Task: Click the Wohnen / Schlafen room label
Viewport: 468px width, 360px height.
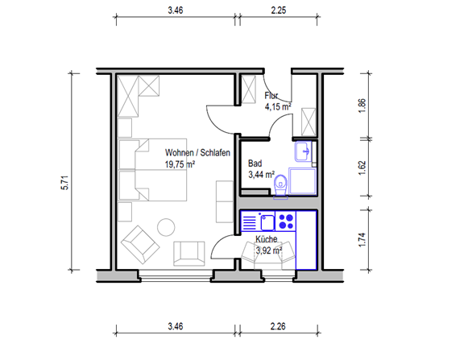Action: pyautogui.click(x=197, y=153)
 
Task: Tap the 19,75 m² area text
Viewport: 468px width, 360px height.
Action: pyautogui.click(x=180, y=164)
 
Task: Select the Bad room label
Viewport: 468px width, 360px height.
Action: pyautogui.click(x=255, y=163)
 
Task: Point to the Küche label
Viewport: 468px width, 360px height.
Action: pyautogui.click(x=267, y=239)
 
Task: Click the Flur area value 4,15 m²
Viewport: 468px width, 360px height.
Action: pyautogui.click(x=278, y=106)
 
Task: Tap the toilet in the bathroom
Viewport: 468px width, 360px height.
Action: pyautogui.click(x=280, y=186)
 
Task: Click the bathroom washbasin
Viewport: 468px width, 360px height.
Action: pyautogui.click(x=303, y=151)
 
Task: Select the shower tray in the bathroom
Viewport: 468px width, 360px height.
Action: pyautogui.click(x=302, y=181)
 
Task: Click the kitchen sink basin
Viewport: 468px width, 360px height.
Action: pyautogui.click(x=267, y=222)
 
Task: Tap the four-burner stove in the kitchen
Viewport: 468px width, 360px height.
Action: pyautogui.click(x=286, y=221)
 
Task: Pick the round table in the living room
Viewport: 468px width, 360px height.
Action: pyautogui.click(x=166, y=227)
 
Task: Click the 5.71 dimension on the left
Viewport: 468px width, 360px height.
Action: pyautogui.click(x=65, y=183)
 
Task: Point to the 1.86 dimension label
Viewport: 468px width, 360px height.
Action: pyautogui.click(x=362, y=106)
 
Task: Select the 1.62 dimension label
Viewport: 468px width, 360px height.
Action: pyautogui.click(x=362, y=168)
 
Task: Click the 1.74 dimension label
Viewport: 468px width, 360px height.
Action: pyautogui.click(x=362, y=240)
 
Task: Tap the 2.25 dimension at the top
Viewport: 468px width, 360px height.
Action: pyautogui.click(x=279, y=10)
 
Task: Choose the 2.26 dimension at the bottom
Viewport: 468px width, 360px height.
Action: pyautogui.click(x=278, y=326)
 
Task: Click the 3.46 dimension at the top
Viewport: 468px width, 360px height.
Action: pyautogui.click(x=176, y=10)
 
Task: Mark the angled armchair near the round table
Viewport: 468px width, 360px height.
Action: pyautogui.click(x=140, y=245)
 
